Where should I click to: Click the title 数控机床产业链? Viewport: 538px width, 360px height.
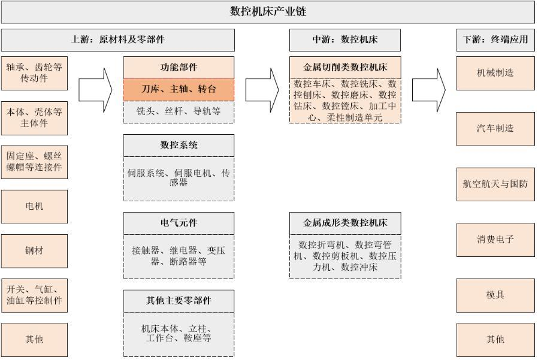(268, 11)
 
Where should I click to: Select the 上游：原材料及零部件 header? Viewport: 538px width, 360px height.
(117, 40)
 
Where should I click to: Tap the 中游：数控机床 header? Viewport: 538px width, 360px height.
(344, 40)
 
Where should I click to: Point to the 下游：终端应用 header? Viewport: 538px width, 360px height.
(495, 40)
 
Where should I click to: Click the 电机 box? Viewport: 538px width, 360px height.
(34, 206)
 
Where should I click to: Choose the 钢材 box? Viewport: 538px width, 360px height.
(34, 250)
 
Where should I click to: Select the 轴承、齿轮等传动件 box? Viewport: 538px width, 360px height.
(34, 73)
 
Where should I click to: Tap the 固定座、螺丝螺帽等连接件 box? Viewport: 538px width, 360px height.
(34, 162)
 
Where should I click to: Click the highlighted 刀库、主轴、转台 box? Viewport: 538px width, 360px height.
(179, 90)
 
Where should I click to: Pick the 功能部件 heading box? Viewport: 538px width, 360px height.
(179, 68)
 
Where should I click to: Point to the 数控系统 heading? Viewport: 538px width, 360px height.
(179, 145)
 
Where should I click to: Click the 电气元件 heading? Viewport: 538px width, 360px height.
(179, 223)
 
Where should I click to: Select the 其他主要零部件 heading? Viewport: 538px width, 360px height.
(179, 301)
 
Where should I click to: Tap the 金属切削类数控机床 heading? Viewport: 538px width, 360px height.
(345, 68)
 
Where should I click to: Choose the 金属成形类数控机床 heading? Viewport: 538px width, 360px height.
(345, 223)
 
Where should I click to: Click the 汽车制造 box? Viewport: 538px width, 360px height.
(495, 128)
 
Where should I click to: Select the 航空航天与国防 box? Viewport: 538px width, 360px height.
(495, 184)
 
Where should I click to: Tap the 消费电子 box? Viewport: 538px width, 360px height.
(495, 240)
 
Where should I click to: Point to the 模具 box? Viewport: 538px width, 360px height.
(495, 295)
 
